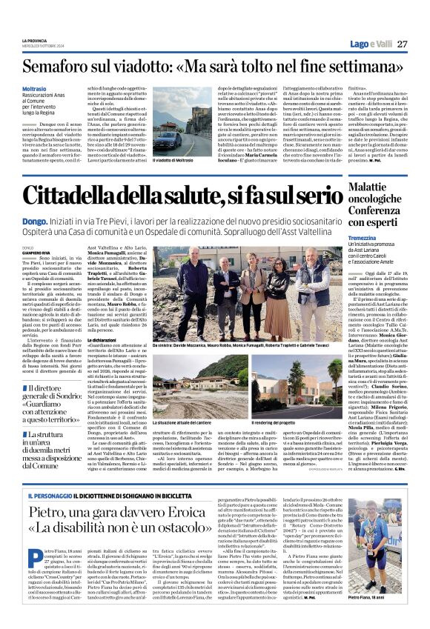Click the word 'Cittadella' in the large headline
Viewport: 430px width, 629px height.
coord(85,197)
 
